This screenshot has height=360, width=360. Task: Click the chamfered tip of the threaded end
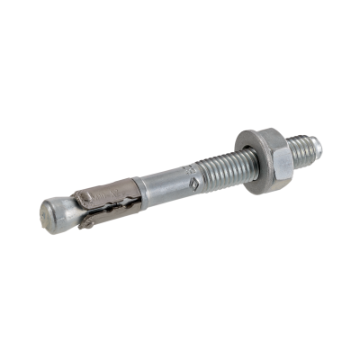314,142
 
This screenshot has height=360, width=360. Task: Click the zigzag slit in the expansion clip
108,212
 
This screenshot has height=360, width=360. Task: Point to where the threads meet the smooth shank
205,177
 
